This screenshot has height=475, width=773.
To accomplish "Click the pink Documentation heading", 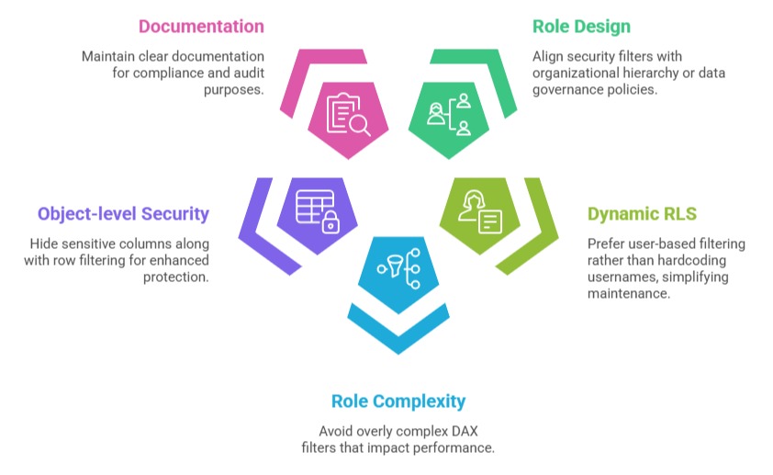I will [201, 27].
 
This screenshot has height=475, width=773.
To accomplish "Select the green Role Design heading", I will [581, 27].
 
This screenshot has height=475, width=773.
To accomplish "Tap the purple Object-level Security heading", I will [123, 214].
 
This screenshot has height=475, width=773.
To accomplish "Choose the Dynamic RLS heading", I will [642, 214].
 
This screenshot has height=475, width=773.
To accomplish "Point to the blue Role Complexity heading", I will [398, 401].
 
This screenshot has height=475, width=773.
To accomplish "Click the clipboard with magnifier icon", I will [348, 115].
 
